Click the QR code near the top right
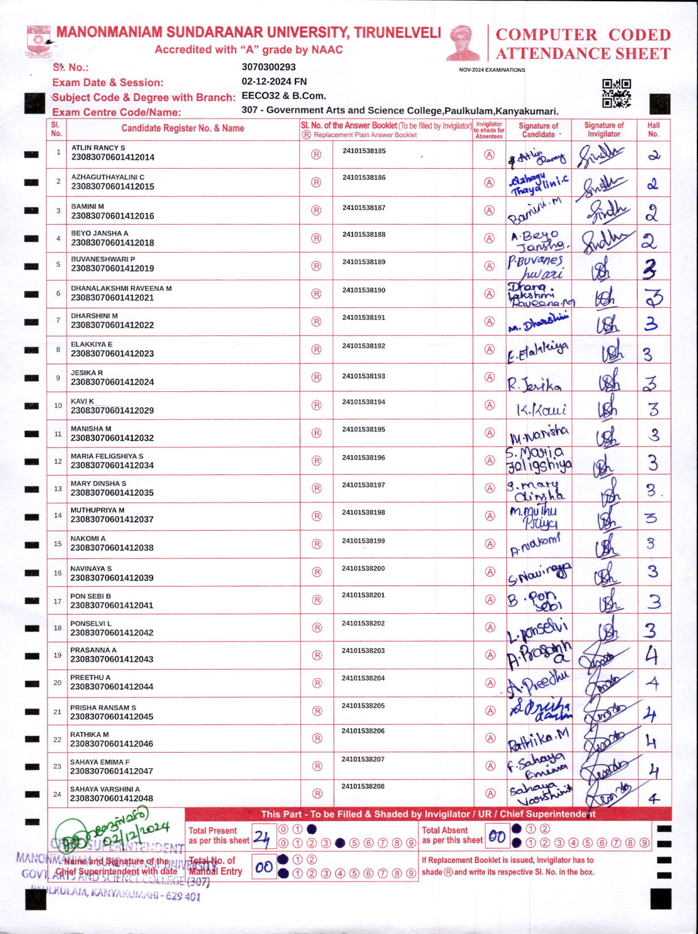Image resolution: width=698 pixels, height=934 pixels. pyautogui.click(x=616, y=93)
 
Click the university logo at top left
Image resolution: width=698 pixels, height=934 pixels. pyautogui.click(x=38, y=41)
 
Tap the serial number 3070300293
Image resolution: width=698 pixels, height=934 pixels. pyautogui.click(x=268, y=67)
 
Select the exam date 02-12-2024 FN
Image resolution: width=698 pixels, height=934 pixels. pyautogui.click(x=274, y=81)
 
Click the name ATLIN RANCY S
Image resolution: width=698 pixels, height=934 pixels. pyautogui.click(x=98, y=147)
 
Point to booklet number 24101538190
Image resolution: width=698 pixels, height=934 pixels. pyautogui.click(x=364, y=290)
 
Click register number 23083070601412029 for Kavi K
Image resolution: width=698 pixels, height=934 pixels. pyautogui.click(x=112, y=411)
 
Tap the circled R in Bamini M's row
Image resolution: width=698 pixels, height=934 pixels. pyautogui.click(x=316, y=210)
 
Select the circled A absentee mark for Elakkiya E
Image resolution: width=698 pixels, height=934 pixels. pyautogui.click(x=490, y=349)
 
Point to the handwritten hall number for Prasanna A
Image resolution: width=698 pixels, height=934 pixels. pyautogui.click(x=652, y=656)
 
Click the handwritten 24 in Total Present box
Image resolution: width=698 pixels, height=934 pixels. pyautogui.click(x=261, y=837)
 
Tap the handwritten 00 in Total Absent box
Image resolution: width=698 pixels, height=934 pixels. pyautogui.click(x=497, y=836)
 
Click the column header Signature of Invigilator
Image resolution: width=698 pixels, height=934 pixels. pyautogui.click(x=604, y=129)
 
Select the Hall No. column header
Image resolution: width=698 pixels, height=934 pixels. pyautogui.click(x=653, y=129)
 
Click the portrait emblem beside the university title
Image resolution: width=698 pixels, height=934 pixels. pyautogui.click(x=463, y=42)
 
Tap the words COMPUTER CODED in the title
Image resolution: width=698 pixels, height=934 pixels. pyautogui.click(x=583, y=34)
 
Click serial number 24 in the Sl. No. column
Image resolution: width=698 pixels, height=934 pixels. pyautogui.click(x=57, y=794)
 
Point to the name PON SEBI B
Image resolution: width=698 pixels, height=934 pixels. pyautogui.click(x=90, y=596)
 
